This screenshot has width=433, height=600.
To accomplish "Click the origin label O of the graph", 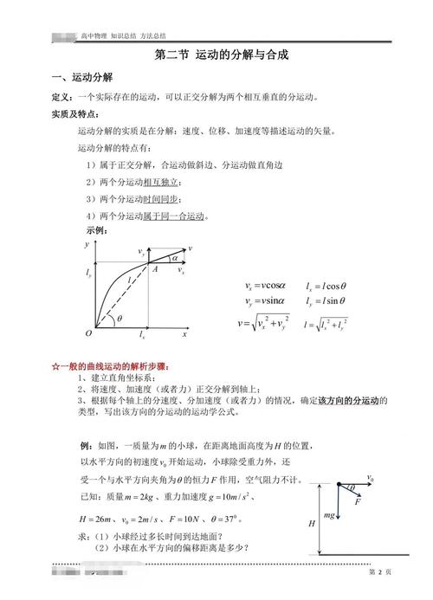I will [87, 332].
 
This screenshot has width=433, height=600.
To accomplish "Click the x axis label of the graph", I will [184, 332].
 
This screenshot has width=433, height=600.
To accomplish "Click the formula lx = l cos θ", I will [326, 285].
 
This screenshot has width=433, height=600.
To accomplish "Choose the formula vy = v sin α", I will [269, 300].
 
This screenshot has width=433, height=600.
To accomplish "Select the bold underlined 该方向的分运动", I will [352, 400].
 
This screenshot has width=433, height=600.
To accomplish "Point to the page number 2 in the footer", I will [379, 573].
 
